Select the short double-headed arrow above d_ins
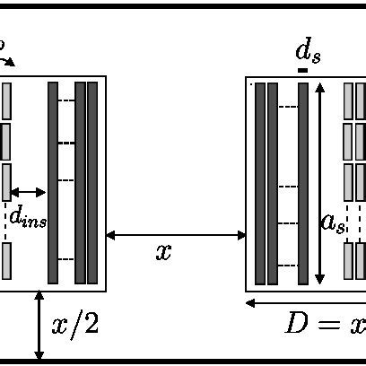click(x=28, y=192)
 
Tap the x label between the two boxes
click(x=163, y=252)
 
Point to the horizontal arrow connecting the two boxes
click(x=176, y=235)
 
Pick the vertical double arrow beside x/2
click(x=39, y=326)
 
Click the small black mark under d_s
click(x=303, y=69)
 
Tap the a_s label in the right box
click(x=333, y=222)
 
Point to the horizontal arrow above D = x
click(x=305, y=302)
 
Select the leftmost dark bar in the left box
click(x=53, y=182)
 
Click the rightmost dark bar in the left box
click(x=91, y=182)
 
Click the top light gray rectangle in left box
click(x=6, y=100)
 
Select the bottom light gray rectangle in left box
click(x=6, y=261)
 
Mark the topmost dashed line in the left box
click(x=66, y=100)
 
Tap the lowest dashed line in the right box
click(x=288, y=265)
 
